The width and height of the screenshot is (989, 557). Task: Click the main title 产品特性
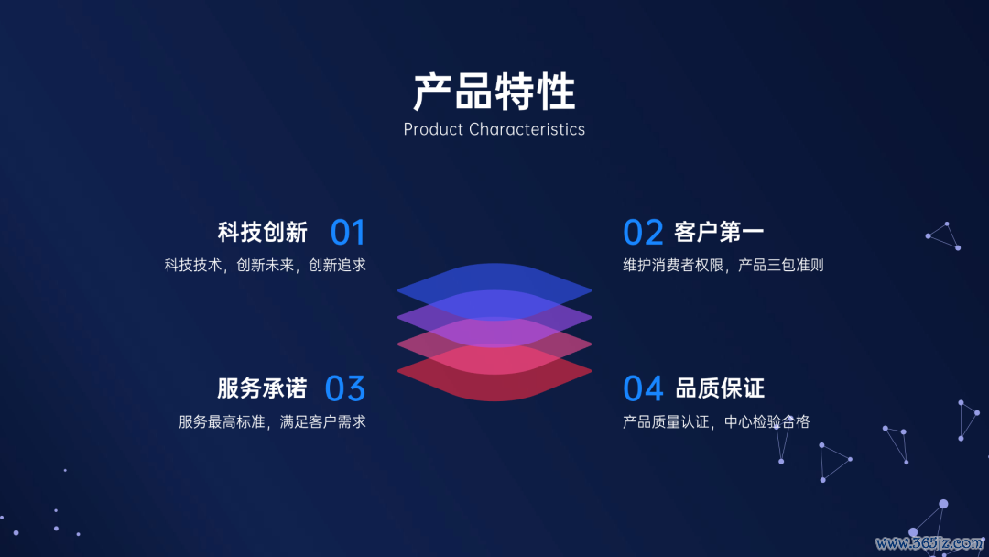tap(494, 93)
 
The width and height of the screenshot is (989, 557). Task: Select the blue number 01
tap(348, 232)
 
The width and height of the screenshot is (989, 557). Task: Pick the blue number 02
tap(643, 232)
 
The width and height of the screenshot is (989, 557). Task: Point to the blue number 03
tap(345, 388)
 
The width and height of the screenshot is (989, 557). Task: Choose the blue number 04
tap(643, 388)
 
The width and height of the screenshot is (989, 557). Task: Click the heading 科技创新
tap(263, 232)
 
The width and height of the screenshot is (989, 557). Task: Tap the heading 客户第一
tap(719, 232)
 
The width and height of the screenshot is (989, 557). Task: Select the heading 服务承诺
tap(263, 388)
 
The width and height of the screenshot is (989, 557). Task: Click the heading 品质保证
tap(720, 388)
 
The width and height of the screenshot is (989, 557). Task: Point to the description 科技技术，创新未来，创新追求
tap(265, 265)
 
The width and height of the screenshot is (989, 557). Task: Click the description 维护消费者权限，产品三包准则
tap(723, 265)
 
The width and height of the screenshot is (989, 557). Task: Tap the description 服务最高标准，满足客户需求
tap(273, 421)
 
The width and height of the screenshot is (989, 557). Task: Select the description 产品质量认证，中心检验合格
tap(716, 421)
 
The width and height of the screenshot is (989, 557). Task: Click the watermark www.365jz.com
tap(929, 543)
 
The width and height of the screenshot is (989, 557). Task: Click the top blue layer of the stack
tap(494, 278)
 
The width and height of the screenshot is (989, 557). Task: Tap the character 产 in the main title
tap(432, 93)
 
